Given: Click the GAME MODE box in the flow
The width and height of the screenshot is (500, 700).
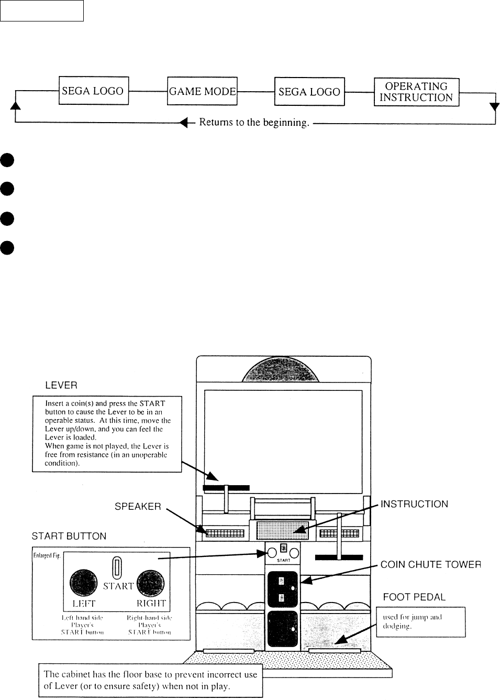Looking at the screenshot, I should (x=202, y=91).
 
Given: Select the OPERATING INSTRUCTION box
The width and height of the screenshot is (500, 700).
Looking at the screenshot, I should (x=416, y=92).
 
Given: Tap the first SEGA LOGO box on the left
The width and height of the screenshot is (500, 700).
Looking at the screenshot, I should (x=93, y=91).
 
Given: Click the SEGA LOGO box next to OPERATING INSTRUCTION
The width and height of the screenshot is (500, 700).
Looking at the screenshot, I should (x=309, y=92).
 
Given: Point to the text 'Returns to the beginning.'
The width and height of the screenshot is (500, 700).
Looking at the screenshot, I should (x=254, y=123).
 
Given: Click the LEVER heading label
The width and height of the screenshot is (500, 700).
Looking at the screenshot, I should (x=61, y=385).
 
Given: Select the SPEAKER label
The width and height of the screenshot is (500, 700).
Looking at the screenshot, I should (x=138, y=507).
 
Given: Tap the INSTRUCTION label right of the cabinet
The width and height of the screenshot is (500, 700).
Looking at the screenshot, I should (x=414, y=504).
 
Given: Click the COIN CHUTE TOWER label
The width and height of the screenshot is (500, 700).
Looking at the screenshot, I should (x=430, y=564).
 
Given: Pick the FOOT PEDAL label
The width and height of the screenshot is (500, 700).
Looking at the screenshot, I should (x=414, y=597).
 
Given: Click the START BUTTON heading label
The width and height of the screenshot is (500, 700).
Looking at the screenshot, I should (x=69, y=536).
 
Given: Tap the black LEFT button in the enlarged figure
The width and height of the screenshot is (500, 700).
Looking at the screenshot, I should (x=84, y=583).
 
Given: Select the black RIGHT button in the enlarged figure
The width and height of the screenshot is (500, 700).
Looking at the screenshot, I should (x=151, y=583).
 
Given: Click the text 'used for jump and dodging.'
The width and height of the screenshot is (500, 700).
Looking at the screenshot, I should (x=413, y=621).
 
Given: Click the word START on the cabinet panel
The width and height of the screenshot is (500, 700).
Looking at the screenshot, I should (x=284, y=560).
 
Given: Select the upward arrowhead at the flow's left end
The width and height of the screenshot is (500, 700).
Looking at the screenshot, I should (x=16, y=105).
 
